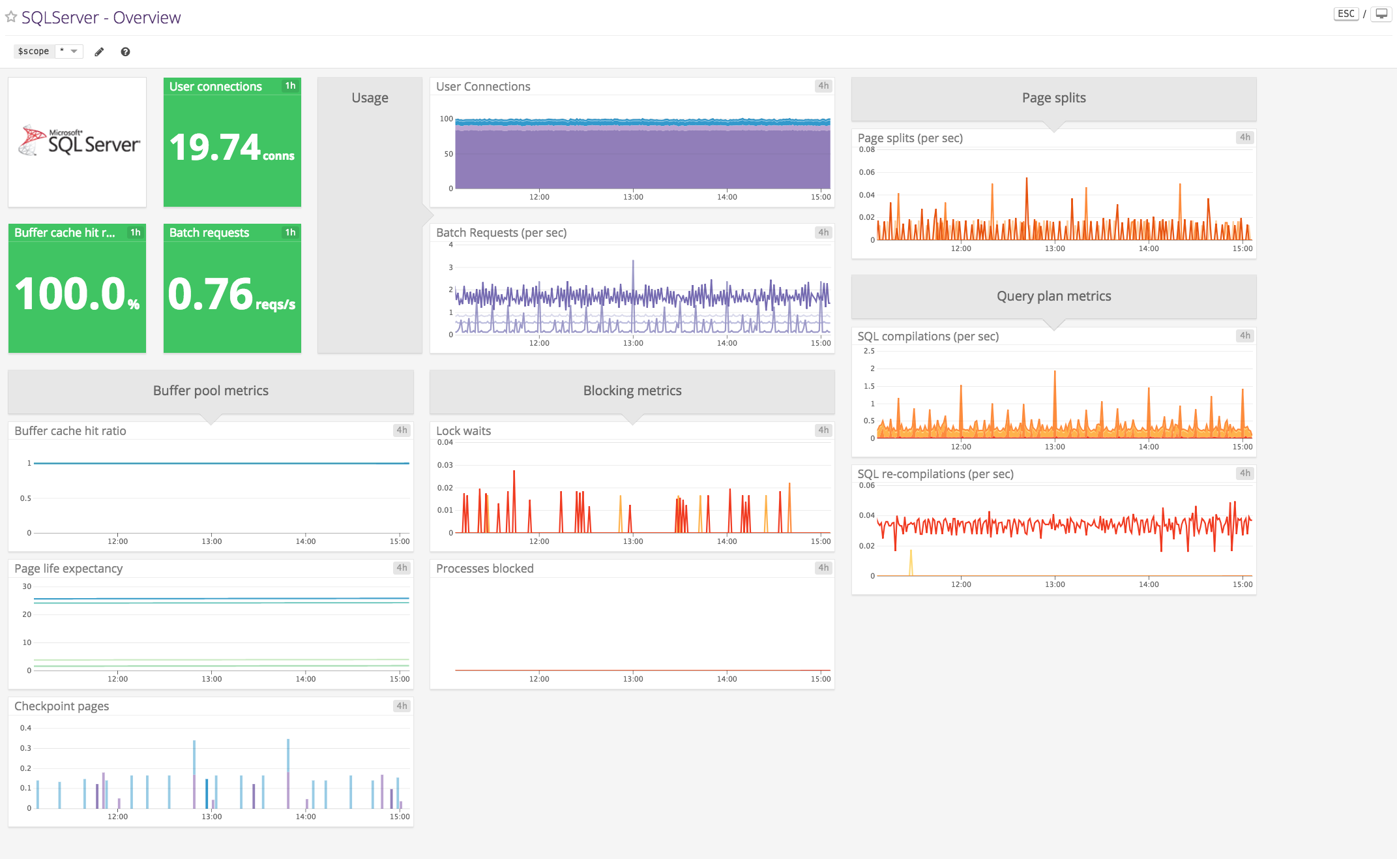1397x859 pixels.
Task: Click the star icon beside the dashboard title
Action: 11,17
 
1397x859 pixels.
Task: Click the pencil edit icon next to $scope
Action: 99,52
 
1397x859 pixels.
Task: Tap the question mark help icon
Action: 125,52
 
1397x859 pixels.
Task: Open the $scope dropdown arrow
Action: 74,51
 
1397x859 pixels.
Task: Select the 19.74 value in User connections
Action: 215,147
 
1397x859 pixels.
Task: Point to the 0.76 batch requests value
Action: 211,294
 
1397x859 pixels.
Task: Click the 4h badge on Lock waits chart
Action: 823,430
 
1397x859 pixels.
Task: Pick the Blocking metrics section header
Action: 632,391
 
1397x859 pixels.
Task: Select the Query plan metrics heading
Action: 1053,296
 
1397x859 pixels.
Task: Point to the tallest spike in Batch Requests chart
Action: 633,262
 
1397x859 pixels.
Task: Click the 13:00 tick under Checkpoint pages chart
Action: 211,817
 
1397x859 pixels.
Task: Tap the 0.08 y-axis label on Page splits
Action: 866,150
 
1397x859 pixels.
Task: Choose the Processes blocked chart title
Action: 484,569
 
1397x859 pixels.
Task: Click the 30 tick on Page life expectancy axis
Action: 27,586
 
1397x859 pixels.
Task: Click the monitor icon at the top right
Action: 1381,14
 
